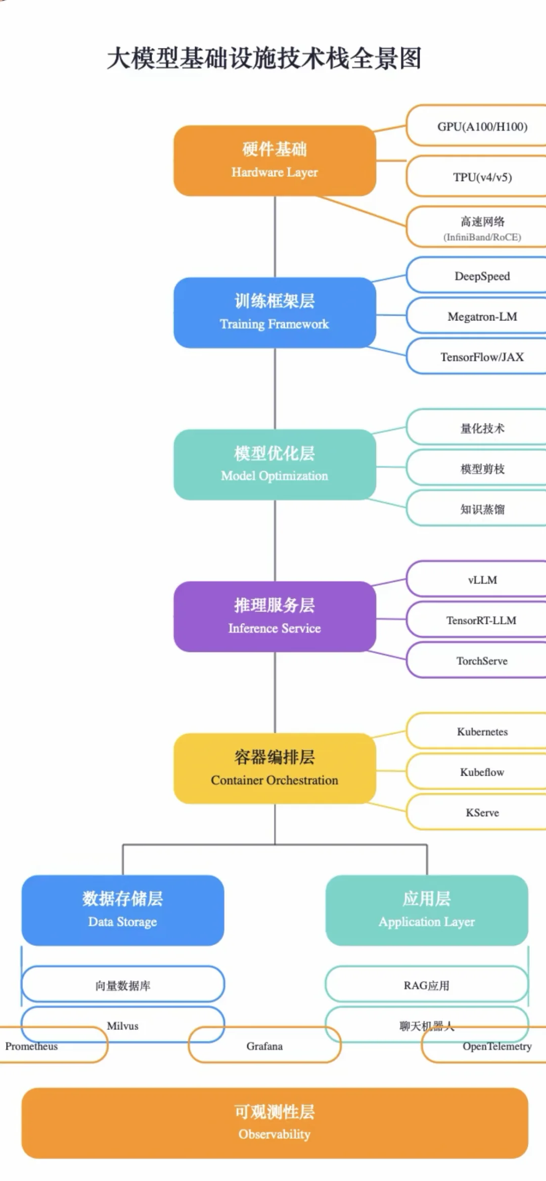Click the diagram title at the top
coord(264,58)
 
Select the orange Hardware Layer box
coord(275,161)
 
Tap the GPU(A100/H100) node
coord(482,126)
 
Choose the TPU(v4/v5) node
coord(482,177)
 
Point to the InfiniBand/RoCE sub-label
coord(482,237)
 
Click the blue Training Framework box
coord(275,312)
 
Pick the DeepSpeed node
coord(482,276)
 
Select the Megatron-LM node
coord(482,317)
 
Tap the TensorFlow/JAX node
coord(482,357)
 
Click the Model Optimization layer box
coord(275,464)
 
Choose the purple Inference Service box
coord(275,617)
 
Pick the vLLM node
coord(482,580)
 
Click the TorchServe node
coord(482,661)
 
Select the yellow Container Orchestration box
coord(275,769)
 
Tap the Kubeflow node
coord(482,772)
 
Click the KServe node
coord(482,813)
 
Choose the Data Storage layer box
coord(123,910)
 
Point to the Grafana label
coord(264,1046)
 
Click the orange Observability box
coord(275,1123)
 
